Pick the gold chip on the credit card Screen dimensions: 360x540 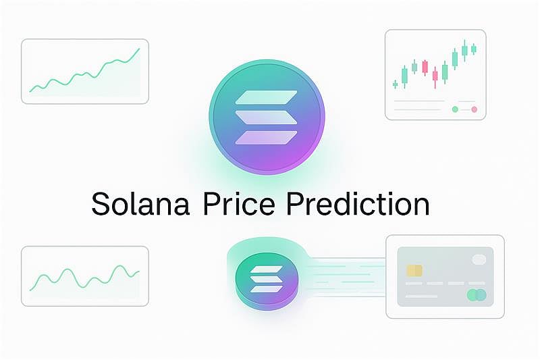tap(414, 271)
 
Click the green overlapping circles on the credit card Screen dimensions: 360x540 tap(477, 294)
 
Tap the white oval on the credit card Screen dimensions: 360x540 tap(479, 259)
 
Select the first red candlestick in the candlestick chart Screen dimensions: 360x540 tap(425, 67)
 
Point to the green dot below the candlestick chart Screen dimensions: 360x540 tap(455, 109)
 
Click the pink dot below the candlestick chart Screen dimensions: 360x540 tap(474, 109)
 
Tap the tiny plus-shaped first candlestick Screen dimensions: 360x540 tap(396, 84)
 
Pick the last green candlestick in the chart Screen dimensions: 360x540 tap(473, 49)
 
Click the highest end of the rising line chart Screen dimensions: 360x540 tap(138, 49)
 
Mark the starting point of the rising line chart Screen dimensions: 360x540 tap(31, 90)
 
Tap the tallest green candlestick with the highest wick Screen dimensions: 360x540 tap(464, 49)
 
